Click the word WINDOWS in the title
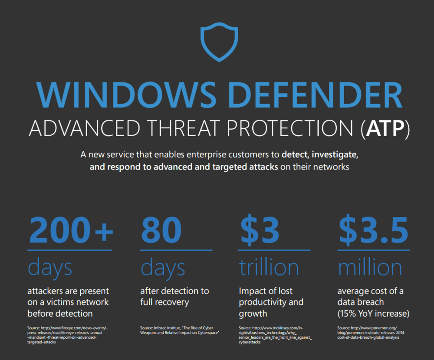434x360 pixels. [126, 95]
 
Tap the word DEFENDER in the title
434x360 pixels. [315, 95]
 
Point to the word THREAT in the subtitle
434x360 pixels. [184, 128]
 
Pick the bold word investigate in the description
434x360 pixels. [335, 155]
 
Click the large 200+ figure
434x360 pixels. [71, 230]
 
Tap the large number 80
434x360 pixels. [161, 230]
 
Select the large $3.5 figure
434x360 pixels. [373, 230]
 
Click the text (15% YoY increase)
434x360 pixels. [373, 314]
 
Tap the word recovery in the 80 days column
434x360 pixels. [173, 302]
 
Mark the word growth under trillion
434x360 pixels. [253, 314]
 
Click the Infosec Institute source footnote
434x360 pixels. [180, 331]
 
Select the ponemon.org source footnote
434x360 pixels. [372, 333]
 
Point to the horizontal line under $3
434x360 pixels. [274, 250]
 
